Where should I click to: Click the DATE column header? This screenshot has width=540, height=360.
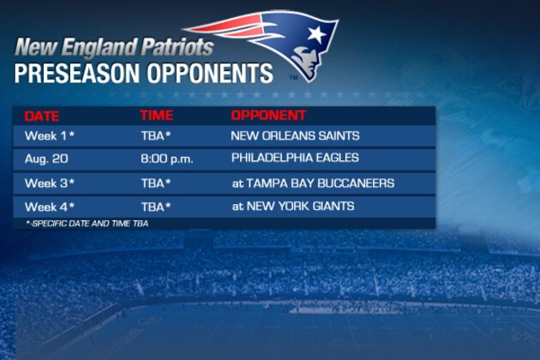[42, 116]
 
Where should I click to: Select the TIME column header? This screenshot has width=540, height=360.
[157, 116]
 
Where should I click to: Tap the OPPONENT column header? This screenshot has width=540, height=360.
[268, 116]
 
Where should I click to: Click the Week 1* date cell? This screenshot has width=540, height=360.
[50, 135]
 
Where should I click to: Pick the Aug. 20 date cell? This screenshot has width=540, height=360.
[46, 159]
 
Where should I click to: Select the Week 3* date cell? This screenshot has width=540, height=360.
[50, 183]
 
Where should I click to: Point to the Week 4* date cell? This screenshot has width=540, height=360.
[50, 207]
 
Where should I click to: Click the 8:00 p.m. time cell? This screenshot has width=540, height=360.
[167, 159]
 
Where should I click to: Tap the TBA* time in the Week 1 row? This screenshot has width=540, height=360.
[156, 135]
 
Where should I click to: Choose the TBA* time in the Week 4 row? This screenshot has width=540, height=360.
[156, 207]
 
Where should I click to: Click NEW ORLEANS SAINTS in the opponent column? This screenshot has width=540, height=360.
[295, 135]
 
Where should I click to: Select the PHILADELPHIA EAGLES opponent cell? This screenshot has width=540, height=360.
[295, 158]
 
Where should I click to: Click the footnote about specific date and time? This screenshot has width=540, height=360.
[87, 224]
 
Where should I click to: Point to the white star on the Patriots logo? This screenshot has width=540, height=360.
[317, 34]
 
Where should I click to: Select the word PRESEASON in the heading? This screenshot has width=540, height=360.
[77, 74]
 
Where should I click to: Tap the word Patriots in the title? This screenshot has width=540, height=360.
[177, 47]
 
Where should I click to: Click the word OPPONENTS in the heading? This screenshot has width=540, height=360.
[210, 74]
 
